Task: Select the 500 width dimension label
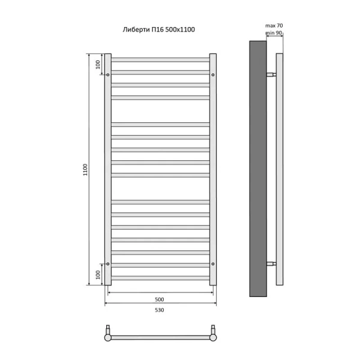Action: pyautogui.click(x=159, y=299)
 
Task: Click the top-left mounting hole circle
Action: pyautogui.click(x=108, y=75)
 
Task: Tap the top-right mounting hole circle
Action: pyautogui.click(x=212, y=75)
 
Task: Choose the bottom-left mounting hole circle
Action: pyautogui.click(x=108, y=263)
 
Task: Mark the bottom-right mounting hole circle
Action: pyautogui.click(x=212, y=263)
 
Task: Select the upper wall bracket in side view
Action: pyautogui.click(x=272, y=75)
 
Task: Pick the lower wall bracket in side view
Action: pyautogui.click(x=272, y=263)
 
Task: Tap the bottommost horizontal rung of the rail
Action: pyautogui.click(x=160, y=277)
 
